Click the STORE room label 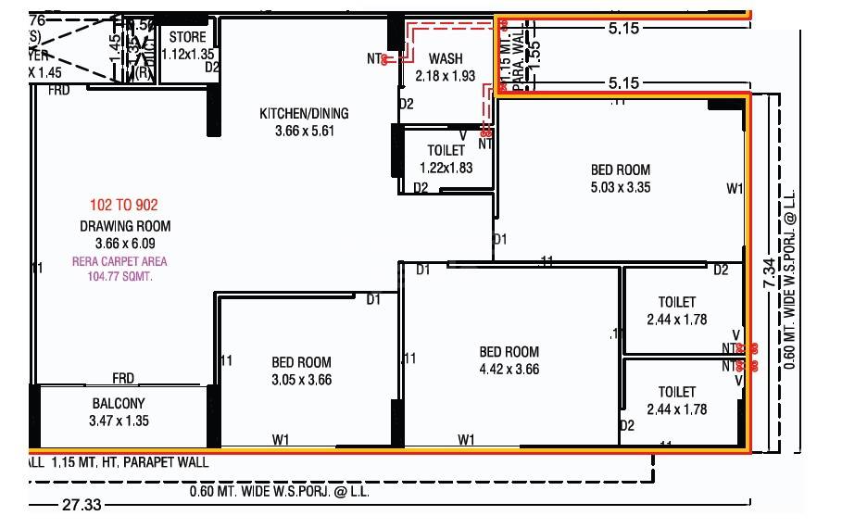point(187,38)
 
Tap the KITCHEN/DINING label point(304,114)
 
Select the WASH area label point(445,58)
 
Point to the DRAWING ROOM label point(124,226)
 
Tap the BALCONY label point(119,404)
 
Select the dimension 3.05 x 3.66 point(301,380)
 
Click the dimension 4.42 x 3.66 point(509,369)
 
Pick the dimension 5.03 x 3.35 point(620,187)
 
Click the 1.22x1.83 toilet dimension point(445,168)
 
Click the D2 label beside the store point(212,67)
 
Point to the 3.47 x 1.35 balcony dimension point(119,421)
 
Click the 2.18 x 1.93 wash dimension point(445,76)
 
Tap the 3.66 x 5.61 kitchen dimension point(304,132)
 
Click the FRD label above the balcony point(123,377)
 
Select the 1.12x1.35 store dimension point(187,54)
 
